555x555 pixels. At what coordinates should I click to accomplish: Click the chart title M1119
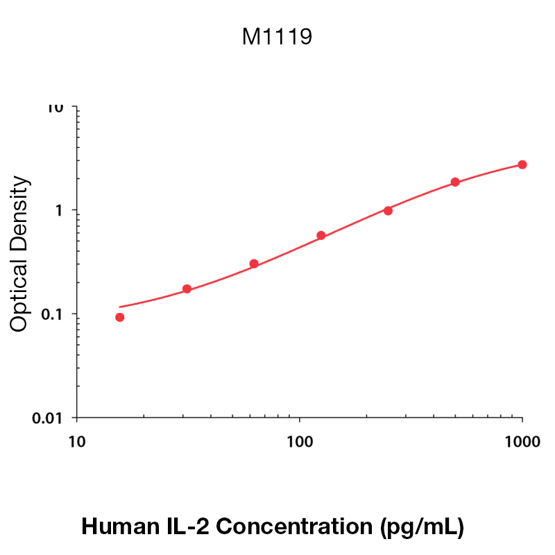click(x=277, y=37)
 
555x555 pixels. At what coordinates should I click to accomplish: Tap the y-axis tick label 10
click(x=55, y=108)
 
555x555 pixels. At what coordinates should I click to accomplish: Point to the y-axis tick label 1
click(x=60, y=211)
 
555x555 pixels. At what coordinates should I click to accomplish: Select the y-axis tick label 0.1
click(x=53, y=314)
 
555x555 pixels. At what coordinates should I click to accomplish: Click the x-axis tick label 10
click(x=76, y=442)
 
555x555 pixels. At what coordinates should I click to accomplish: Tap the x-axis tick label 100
click(x=299, y=442)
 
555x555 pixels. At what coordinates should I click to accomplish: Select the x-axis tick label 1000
click(x=522, y=442)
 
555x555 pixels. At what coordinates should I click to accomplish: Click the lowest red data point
click(x=120, y=317)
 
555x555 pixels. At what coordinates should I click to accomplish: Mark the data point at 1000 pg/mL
click(x=522, y=164)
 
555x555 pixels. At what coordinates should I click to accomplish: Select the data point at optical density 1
click(x=388, y=210)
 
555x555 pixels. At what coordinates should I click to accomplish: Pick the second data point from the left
click(x=187, y=289)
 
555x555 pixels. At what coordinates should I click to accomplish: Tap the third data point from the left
click(x=254, y=264)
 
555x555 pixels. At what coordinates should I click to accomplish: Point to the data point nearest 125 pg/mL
click(x=321, y=235)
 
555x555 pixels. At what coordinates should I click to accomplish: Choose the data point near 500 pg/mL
click(x=455, y=182)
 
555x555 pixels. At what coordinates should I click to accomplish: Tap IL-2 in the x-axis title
click(x=187, y=527)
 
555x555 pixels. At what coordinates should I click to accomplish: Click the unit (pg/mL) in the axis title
click(x=422, y=527)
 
